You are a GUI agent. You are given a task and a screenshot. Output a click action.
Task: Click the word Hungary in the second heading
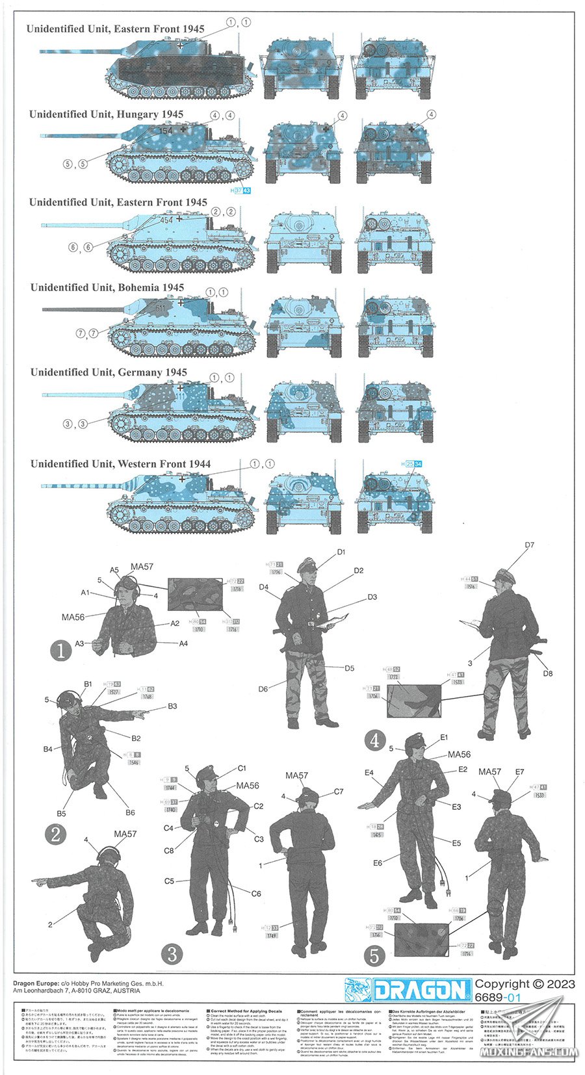[x=138, y=114]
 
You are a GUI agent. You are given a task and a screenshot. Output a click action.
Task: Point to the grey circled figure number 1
[x=60, y=650]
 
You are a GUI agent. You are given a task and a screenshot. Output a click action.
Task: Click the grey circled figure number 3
[x=172, y=953]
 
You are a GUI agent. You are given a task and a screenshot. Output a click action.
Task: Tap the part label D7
[x=529, y=545]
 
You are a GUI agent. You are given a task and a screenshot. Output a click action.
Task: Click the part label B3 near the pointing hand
[x=172, y=706]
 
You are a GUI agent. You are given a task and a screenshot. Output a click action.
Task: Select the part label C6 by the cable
[x=256, y=893]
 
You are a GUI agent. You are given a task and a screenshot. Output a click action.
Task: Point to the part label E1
[x=445, y=737]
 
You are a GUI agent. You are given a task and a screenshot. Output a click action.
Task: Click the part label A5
[x=114, y=570]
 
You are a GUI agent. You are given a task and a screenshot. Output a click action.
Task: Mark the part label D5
[x=349, y=667]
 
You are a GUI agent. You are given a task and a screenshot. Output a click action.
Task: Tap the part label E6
[x=378, y=862]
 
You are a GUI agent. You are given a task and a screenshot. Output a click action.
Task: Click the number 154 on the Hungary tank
[x=166, y=131]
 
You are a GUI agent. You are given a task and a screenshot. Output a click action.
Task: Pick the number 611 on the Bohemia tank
[x=160, y=307]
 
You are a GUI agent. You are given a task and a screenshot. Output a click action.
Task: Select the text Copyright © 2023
[x=525, y=984]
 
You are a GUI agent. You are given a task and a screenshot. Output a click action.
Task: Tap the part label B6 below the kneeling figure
[x=130, y=812]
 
